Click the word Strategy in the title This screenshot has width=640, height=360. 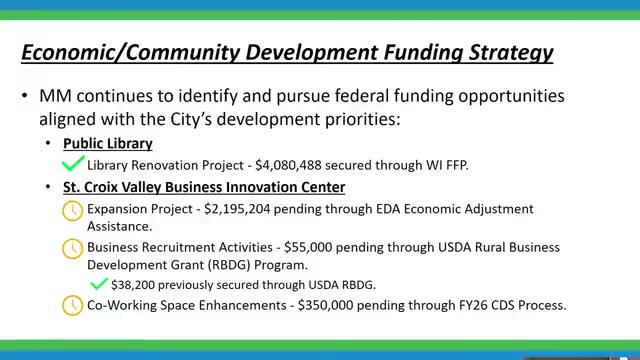511,53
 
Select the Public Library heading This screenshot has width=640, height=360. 108,144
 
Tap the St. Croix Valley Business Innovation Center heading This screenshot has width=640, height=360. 204,187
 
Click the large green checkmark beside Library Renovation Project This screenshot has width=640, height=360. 73,163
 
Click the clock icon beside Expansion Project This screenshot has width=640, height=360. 72,211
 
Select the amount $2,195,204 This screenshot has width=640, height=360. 237,209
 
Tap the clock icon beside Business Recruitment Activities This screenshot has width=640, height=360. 72,249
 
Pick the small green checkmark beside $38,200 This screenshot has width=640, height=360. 99,283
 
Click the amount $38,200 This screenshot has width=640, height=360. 133,285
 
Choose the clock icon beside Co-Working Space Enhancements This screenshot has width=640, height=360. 72,305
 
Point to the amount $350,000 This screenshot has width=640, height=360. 325,305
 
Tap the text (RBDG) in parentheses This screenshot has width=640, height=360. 229,265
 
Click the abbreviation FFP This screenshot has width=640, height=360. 458,165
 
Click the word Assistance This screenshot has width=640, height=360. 119,227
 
